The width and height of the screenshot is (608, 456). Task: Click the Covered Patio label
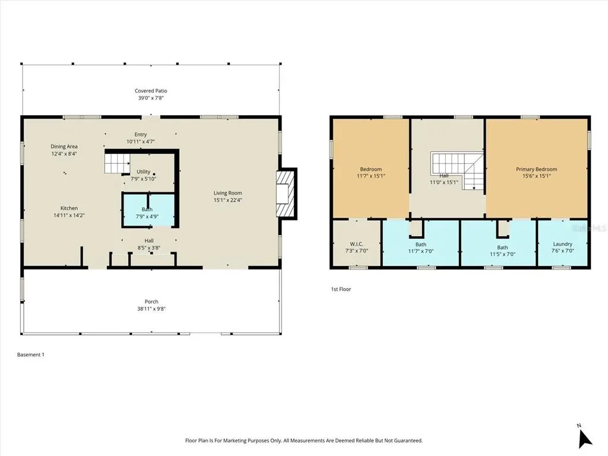pos(151,91)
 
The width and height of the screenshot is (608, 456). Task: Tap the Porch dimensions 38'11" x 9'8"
pos(151,309)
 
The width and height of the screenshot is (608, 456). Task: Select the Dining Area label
pos(64,147)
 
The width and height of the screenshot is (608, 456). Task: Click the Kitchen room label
pos(69,208)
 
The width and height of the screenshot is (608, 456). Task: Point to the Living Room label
pos(227,193)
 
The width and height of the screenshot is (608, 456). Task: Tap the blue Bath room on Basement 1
pos(148,210)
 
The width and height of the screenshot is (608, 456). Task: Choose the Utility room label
pos(144,172)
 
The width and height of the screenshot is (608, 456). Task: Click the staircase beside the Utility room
pos(117,163)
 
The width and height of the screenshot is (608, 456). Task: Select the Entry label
pos(141,135)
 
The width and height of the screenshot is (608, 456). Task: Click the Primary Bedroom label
pos(537,169)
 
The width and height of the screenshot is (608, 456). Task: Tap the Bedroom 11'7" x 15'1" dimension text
pos(371,176)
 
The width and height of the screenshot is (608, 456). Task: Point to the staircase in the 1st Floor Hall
pos(458,170)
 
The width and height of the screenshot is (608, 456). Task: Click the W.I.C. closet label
pos(356,244)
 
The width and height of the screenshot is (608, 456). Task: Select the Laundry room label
pos(563,244)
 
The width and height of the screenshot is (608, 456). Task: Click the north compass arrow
pos(585,439)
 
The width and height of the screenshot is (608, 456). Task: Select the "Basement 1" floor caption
pos(31,354)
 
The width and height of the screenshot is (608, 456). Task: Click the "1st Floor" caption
pos(341,289)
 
